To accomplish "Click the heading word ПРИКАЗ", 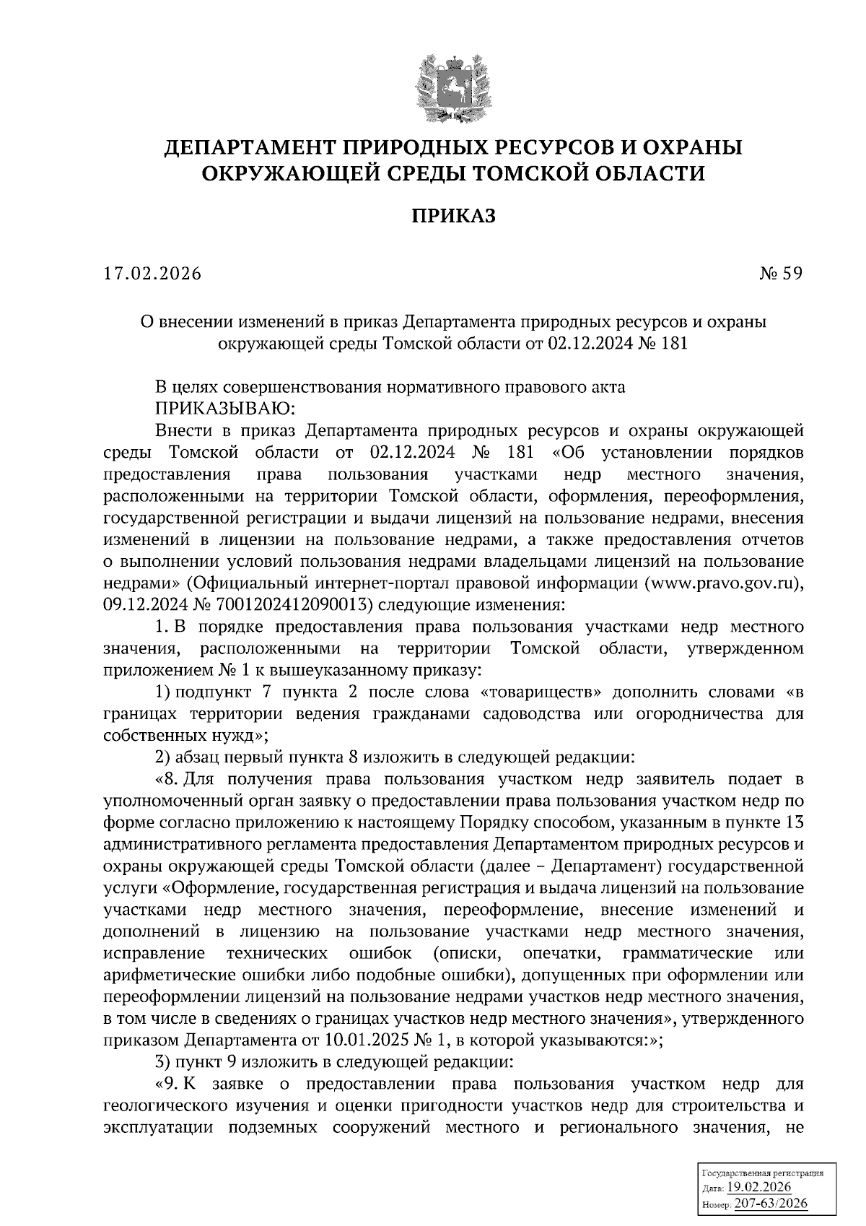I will [x=454, y=216].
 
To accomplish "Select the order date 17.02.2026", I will [x=152, y=274].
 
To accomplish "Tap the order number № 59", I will [x=781, y=274].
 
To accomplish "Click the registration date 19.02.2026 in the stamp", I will [x=758, y=1188].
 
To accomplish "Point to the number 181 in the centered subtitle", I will [x=673, y=344].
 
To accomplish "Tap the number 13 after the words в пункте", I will [x=793, y=822].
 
